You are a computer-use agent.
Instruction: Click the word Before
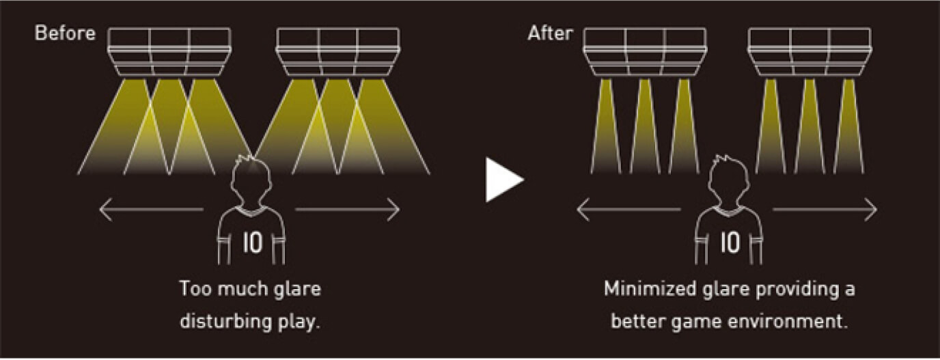pyautogui.click(x=66, y=33)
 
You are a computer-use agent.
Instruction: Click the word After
pyautogui.click(x=550, y=33)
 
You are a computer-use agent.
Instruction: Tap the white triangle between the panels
pyautogui.click(x=503, y=180)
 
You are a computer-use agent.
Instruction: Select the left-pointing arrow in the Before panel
pyautogui.click(x=151, y=210)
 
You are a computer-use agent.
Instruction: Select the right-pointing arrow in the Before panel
pyautogui.click(x=348, y=210)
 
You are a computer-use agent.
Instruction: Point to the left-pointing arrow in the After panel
pyautogui.click(x=628, y=210)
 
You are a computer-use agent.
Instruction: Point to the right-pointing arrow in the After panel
pyautogui.click(x=825, y=210)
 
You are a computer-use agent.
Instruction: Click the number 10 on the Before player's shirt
pyautogui.click(x=253, y=244)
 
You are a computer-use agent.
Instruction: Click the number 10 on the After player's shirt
pyautogui.click(x=730, y=244)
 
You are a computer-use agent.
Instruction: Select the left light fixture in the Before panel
pyautogui.click(x=169, y=52)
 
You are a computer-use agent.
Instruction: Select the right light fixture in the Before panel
pyautogui.click(x=337, y=52)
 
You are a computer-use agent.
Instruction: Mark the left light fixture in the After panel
pyautogui.click(x=645, y=52)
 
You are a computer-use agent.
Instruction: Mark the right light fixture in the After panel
pyautogui.click(x=810, y=52)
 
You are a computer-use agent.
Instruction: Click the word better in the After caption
pyautogui.click(x=635, y=321)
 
